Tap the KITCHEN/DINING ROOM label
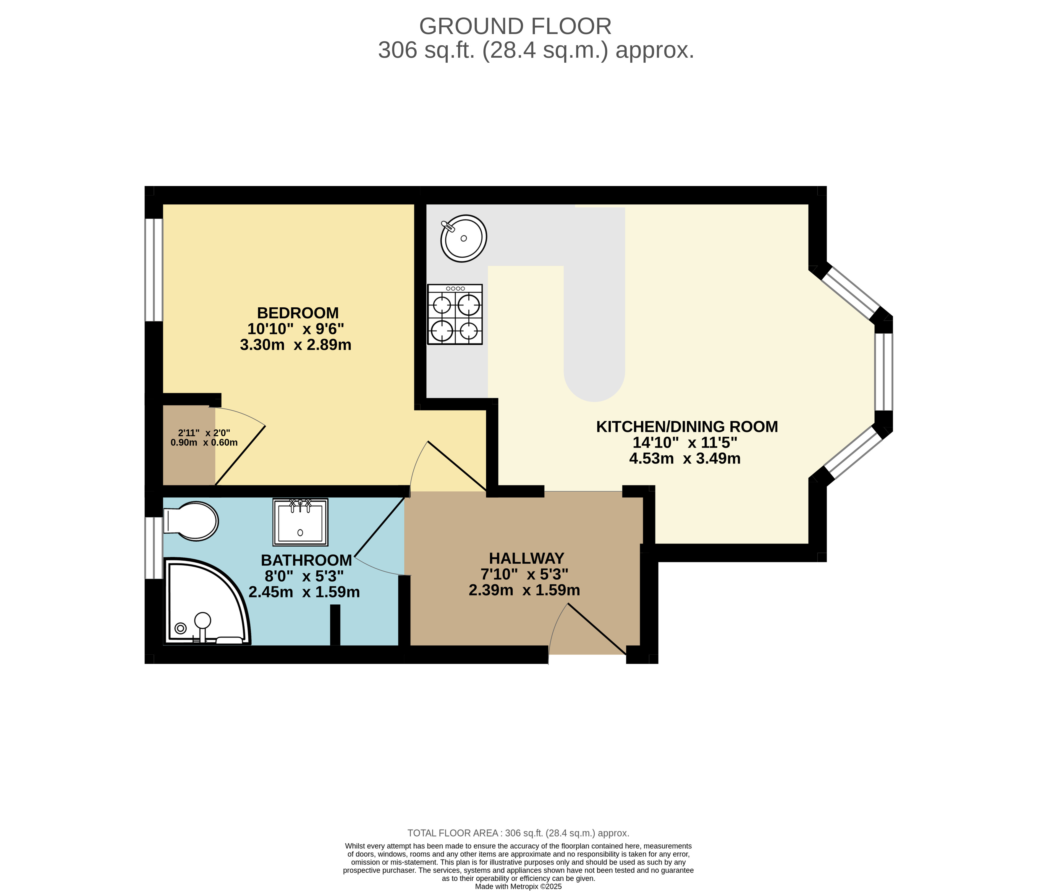point(687,427)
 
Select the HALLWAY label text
point(527,558)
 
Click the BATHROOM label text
point(306,560)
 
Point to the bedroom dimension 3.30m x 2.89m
point(296,345)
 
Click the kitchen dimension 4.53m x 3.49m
point(685,459)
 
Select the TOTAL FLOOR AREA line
point(518,833)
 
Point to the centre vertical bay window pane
point(884,372)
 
